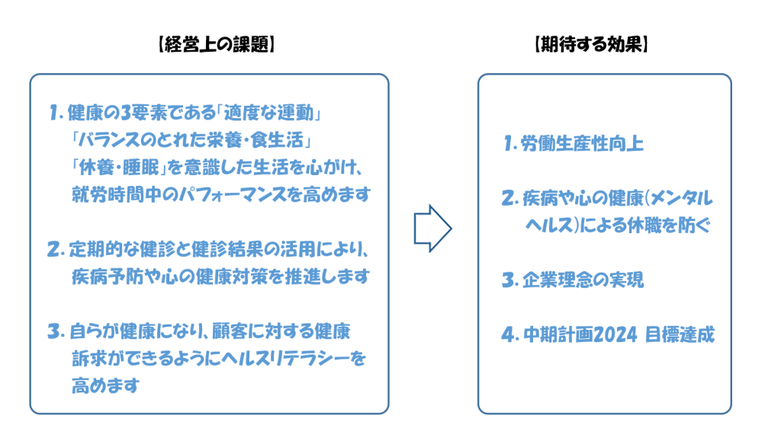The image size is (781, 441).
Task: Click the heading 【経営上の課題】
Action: coord(217,44)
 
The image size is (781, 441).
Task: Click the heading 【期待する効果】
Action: coord(591,44)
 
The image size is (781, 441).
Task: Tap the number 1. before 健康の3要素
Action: coord(56,113)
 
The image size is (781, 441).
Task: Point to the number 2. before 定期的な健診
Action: coord(56,249)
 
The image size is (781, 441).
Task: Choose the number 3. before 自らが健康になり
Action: coord(56,331)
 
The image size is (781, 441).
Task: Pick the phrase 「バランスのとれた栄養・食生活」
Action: coord(191,140)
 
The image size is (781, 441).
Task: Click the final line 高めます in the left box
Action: coord(105,385)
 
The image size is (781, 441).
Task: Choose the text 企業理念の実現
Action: coord(583,280)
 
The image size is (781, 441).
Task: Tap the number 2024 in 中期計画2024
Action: coord(615,334)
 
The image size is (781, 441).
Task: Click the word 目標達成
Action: coord(680,334)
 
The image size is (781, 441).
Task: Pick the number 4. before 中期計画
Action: coord(510,334)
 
